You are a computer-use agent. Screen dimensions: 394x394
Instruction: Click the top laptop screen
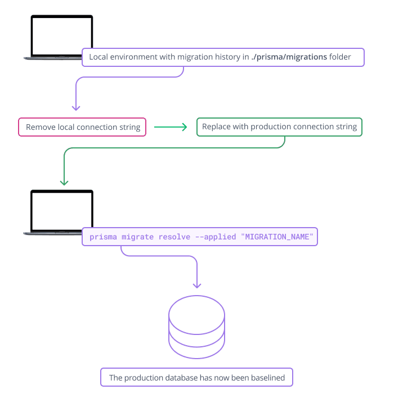[x=61, y=35]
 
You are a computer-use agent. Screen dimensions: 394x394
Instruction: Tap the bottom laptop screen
[x=61, y=210]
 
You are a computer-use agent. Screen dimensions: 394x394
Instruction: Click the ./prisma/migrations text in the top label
[x=289, y=57]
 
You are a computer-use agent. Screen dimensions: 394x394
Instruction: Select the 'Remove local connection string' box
[x=82, y=127]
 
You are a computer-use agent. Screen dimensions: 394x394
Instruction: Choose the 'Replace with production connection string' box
[x=279, y=127]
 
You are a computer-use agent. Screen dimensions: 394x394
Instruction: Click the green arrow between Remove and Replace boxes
[x=171, y=127]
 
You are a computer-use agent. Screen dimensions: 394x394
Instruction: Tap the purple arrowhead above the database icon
[x=197, y=284]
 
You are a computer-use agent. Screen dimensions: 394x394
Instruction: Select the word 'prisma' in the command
[x=104, y=237]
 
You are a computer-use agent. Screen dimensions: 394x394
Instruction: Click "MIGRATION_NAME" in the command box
[x=277, y=237]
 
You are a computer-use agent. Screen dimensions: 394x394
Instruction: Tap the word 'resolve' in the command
[x=174, y=237]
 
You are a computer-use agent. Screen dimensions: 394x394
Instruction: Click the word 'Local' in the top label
[x=98, y=57]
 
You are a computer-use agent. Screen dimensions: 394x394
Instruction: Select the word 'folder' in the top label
[x=341, y=57]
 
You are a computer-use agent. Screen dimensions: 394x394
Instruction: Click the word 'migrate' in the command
[x=137, y=237]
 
